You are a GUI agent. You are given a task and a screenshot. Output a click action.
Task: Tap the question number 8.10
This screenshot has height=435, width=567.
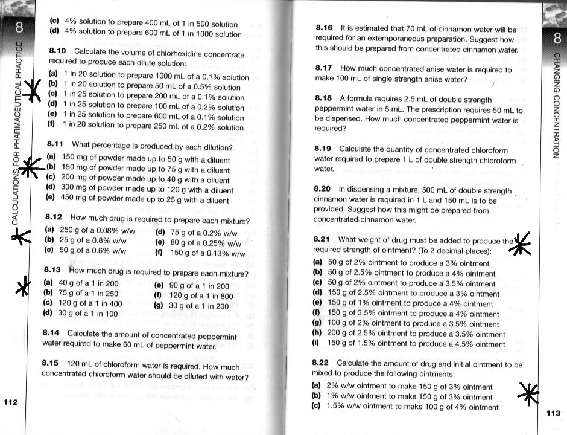58,51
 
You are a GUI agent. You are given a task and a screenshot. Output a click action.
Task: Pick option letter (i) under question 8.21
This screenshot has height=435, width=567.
317,344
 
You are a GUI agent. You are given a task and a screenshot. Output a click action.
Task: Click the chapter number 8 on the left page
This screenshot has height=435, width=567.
20,26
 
